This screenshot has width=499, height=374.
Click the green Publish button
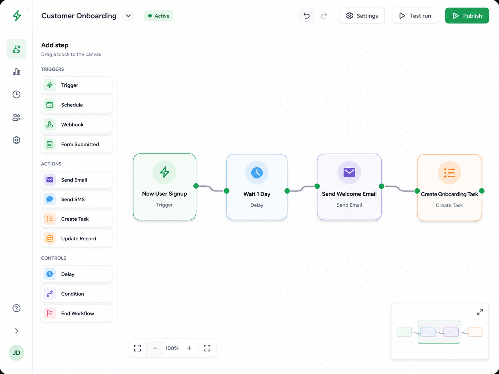point(467,15)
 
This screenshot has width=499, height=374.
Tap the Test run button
point(415,15)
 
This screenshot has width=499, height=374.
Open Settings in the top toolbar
point(362,15)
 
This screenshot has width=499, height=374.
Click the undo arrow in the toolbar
point(306,15)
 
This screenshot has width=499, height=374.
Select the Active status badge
point(159,15)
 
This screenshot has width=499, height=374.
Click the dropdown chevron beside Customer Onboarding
point(128,15)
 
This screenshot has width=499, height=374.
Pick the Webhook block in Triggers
point(77,124)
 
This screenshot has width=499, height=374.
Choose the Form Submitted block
point(77,144)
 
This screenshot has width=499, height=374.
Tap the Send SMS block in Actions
point(77,199)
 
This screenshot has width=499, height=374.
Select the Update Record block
point(77,238)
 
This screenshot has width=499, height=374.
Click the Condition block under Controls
point(77,294)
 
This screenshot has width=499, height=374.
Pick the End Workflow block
point(77,313)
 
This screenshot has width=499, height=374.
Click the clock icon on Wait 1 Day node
point(257,173)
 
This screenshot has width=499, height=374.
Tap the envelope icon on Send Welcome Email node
point(349,172)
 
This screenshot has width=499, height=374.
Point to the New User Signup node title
point(164,194)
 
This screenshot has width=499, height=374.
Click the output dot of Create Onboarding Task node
point(482,191)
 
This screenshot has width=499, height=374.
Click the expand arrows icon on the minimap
point(480,312)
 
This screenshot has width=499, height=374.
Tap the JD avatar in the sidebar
point(16,353)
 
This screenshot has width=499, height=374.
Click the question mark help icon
point(16,308)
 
